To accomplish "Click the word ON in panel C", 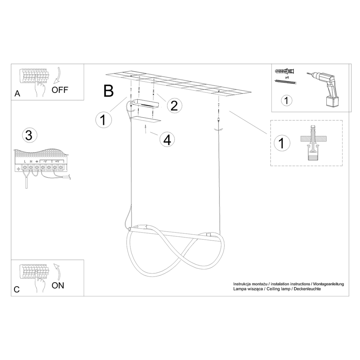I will click(x=58, y=285).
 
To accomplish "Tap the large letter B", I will click(x=108, y=91).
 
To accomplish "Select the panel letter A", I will click(x=17, y=94).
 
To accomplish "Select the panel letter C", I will click(x=17, y=289).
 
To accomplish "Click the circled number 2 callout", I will click(x=174, y=105).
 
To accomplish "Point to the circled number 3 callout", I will click(x=29, y=135).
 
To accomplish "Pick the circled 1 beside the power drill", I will click(x=286, y=100).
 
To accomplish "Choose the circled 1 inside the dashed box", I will click(x=281, y=143).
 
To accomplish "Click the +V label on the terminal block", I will click(x=57, y=161).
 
